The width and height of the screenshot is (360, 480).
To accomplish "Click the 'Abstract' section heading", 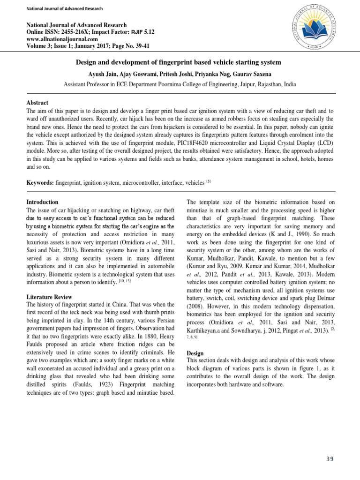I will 37,103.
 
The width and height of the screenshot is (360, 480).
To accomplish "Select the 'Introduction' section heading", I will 42,201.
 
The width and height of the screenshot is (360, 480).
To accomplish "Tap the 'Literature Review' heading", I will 49,297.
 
